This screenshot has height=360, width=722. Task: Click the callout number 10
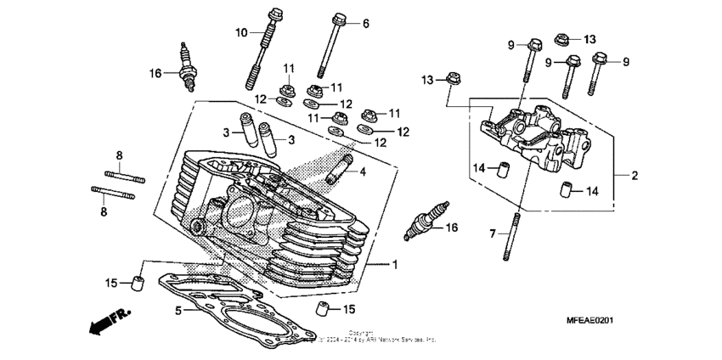pyautogui.click(x=241, y=32)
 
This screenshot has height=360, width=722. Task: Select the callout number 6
pyautogui.click(x=366, y=23)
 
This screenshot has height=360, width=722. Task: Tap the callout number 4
pyautogui.click(x=363, y=172)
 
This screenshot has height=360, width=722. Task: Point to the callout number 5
pyautogui.click(x=178, y=311)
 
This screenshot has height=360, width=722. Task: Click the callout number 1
pyautogui.click(x=394, y=265)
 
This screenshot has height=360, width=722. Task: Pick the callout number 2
pyautogui.click(x=634, y=176)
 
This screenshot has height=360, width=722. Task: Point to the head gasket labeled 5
pyautogui.click(x=238, y=310)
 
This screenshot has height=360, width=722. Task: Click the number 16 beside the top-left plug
pyautogui.click(x=155, y=73)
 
